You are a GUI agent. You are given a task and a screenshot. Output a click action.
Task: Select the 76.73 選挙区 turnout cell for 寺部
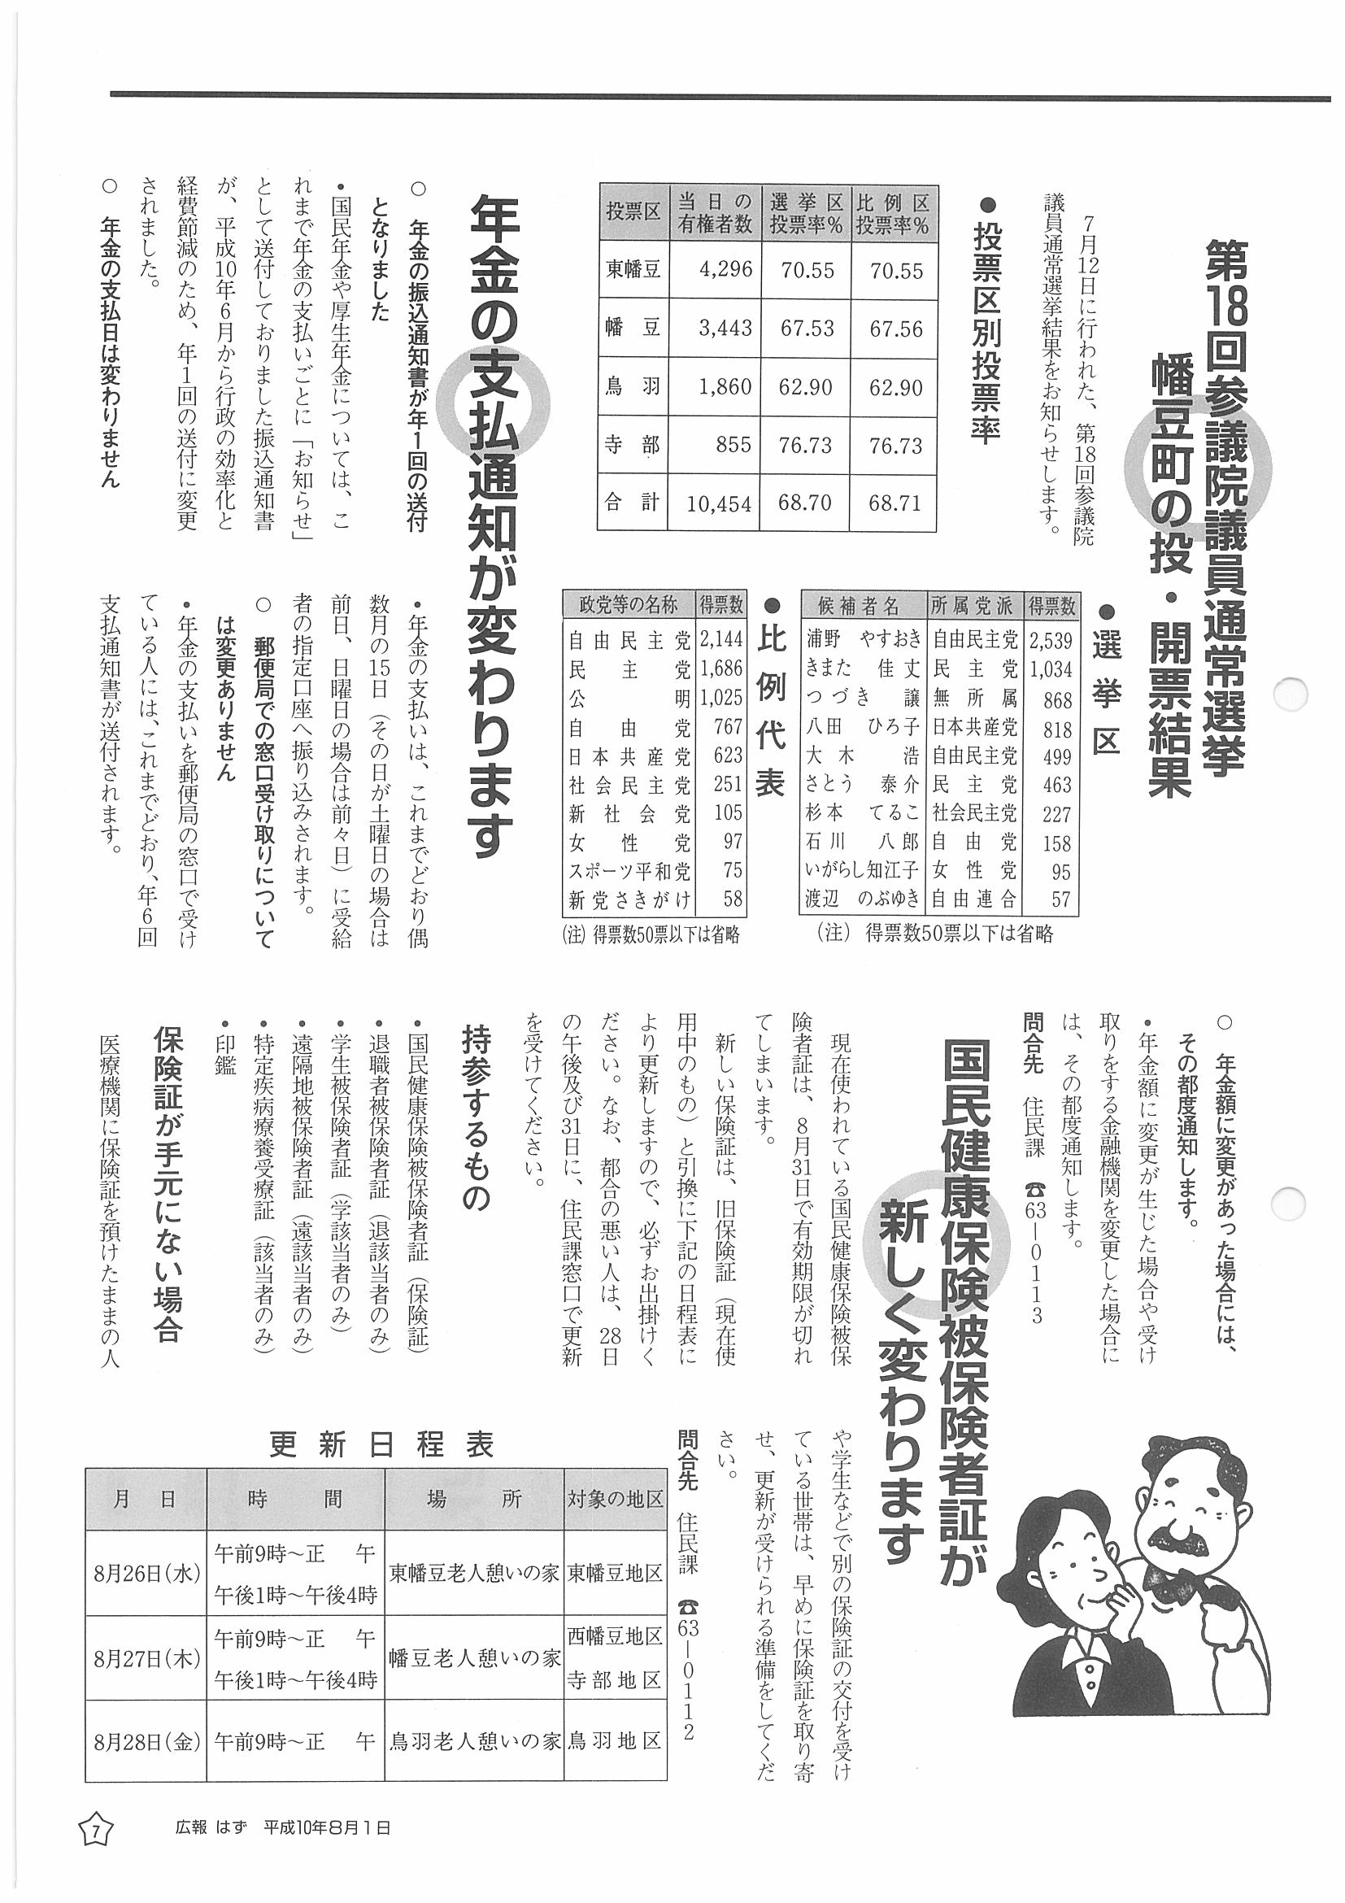pyautogui.click(x=806, y=445)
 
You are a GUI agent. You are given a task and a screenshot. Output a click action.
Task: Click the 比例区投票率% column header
pyautogui.click(x=893, y=213)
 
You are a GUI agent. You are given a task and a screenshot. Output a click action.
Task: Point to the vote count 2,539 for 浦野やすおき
pyautogui.click(x=1051, y=640)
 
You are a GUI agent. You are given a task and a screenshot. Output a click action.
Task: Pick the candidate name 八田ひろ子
pyautogui.click(x=862, y=727)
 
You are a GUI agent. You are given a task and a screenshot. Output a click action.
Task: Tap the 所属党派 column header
pyautogui.click(x=971, y=606)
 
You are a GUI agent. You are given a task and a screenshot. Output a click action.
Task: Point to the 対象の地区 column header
pyautogui.click(x=615, y=1499)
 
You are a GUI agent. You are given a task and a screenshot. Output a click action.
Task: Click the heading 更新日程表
pyautogui.click(x=382, y=1444)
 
